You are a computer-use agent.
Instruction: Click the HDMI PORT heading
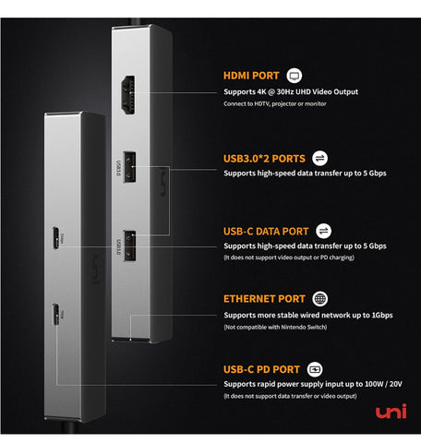251,76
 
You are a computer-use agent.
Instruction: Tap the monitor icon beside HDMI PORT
295,76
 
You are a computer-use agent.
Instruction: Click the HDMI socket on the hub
128,95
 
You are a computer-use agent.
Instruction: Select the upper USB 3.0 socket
129,167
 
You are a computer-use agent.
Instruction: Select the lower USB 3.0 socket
130,246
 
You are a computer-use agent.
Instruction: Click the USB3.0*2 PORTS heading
264,159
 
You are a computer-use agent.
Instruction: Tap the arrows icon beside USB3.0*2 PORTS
319,159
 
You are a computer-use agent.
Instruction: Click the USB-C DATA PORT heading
266,232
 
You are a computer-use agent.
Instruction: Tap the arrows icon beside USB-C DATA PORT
323,231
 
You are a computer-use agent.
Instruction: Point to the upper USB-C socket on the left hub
55,238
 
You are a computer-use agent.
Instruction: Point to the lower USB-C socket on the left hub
55,314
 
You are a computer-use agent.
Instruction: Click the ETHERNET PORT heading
264,299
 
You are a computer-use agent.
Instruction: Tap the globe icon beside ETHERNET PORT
320,299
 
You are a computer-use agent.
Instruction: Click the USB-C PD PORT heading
261,369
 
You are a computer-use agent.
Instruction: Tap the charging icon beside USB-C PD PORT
315,369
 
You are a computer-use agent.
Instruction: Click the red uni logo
391,412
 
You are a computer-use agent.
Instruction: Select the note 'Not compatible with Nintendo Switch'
275,327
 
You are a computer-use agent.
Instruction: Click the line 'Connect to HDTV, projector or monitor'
275,103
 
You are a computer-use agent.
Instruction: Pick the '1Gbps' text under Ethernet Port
382,316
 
